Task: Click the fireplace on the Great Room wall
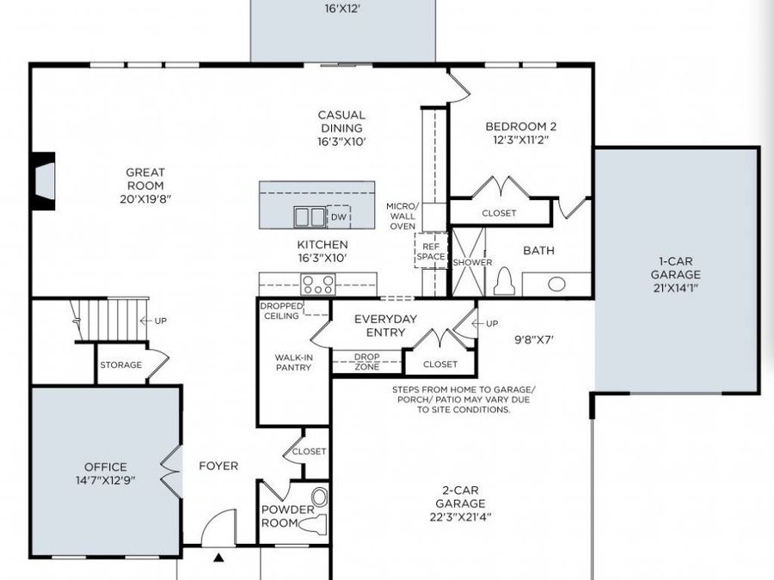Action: (43, 180)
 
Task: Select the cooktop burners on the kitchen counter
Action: (317, 284)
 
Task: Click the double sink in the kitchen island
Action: (310, 216)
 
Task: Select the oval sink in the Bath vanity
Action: (556, 284)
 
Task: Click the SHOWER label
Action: (473, 262)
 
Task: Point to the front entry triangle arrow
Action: (218, 558)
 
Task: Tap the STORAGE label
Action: (120, 365)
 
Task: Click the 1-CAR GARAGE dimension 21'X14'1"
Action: (675, 288)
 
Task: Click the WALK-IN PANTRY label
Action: (293, 362)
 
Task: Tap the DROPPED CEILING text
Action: (279, 310)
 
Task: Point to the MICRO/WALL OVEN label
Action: (401, 217)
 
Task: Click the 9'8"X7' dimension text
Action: (533, 339)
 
